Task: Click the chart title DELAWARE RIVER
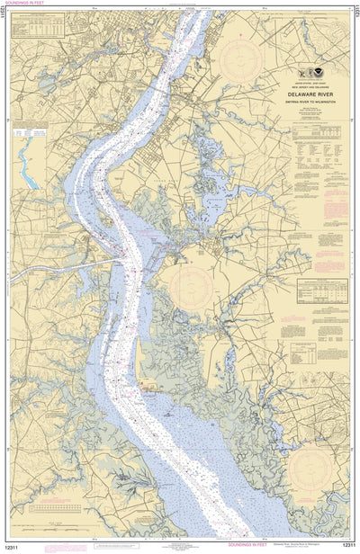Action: tap(306, 90)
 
